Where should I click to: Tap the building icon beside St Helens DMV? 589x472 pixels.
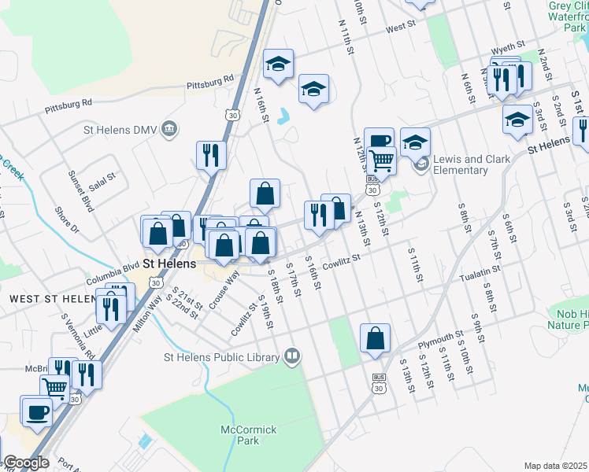(x=169, y=129)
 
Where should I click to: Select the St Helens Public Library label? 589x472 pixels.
(x=221, y=357)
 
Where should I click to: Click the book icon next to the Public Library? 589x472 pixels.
(x=293, y=357)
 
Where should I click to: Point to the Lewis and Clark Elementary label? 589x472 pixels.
(x=470, y=164)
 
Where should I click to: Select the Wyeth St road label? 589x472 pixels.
(x=504, y=47)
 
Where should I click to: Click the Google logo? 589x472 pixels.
(x=26, y=463)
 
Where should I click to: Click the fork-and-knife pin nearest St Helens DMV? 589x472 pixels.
(x=211, y=155)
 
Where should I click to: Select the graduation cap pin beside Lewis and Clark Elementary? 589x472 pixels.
(x=415, y=142)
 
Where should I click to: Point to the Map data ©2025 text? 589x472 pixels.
(x=556, y=466)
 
